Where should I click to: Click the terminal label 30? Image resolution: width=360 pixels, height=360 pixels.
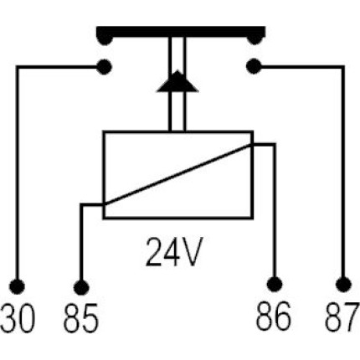click(18, 318)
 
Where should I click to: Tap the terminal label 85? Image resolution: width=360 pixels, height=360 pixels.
click(81, 318)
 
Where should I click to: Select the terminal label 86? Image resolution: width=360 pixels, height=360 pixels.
click(274, 316)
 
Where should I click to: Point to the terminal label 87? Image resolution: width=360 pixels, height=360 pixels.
click(342, 316)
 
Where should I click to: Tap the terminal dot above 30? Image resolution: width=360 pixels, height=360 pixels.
click(18, 286)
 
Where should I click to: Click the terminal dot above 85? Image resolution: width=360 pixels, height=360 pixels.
click(81, 287)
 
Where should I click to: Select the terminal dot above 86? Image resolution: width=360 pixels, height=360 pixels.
click(275, 285)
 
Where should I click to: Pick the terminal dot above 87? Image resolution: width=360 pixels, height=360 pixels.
click(343, 285)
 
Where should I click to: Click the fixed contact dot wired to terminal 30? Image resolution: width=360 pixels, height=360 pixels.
click(104, 67)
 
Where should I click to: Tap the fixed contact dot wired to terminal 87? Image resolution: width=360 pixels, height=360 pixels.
click(254, 66)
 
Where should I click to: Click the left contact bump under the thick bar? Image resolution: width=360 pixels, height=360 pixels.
click(105, 39)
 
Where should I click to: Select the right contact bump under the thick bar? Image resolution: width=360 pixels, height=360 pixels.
click(255, 39)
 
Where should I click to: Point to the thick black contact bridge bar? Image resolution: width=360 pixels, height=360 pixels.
click(181, 32)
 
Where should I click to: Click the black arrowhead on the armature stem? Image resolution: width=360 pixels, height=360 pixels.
click(177, 81)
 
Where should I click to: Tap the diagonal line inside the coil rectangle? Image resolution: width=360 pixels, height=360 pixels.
click(177, 175)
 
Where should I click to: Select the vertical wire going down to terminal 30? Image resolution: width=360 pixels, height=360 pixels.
click(18, 173)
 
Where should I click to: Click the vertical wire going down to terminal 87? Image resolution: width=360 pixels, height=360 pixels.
click(343, 172)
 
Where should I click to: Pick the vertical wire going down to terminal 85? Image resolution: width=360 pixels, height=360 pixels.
click(81, 242)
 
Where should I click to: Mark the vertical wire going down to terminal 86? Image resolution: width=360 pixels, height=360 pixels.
click(275, 211)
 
